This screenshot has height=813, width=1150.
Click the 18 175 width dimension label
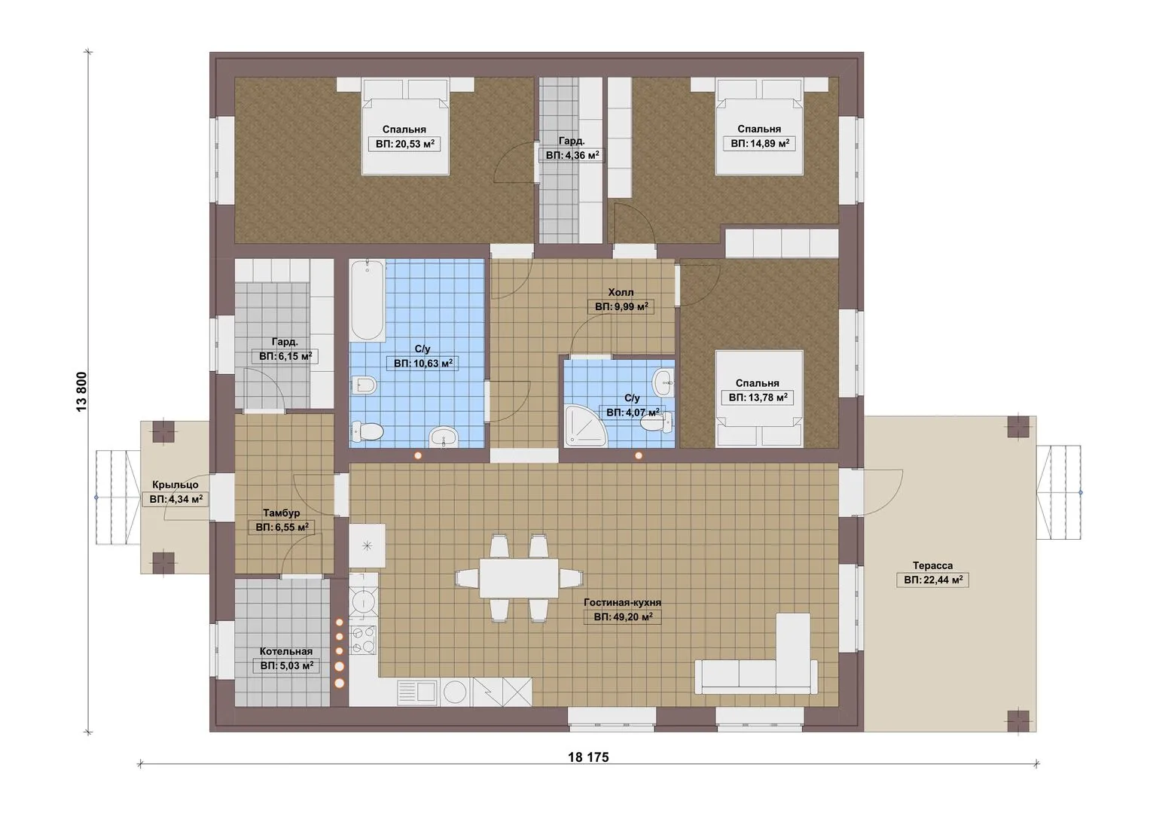click(x=588, y=757)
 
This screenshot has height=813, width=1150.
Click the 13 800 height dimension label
click(x=81, y=391)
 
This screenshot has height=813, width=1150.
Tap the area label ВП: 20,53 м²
click(x=404, y=145)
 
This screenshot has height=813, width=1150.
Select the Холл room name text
click(x=621, y=293)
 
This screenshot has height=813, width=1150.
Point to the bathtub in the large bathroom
click(x=367, y=300)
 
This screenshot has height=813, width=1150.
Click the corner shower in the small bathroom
click(x=585, y=425)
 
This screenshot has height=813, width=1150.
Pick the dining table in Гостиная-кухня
click(x=519, y=578)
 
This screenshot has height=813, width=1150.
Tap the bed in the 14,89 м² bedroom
click(x=759, y=126)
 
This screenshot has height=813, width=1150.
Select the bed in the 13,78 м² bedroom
click(x=759, y=398)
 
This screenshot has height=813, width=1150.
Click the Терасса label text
click(x=932, y=565)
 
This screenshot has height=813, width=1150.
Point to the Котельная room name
click(x=286, y=651)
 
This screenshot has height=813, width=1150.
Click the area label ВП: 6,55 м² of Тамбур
click(x=282, y=527)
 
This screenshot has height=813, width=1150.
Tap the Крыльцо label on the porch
click(x=175, y=485)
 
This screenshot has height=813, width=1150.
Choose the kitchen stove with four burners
click(x=363, y=640)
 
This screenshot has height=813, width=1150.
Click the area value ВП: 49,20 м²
click(x=623, y=617)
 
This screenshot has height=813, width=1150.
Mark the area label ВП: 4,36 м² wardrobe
click(x=572, y=155)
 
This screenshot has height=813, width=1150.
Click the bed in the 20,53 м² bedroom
click(x=406, y=126)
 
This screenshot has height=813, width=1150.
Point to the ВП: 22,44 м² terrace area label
click(x=933, y=580)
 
